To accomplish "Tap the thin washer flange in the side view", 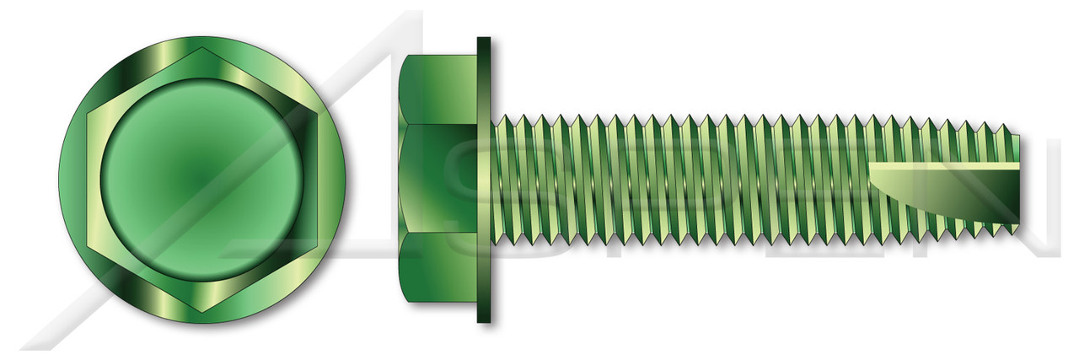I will tap(484, 180).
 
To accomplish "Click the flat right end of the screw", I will tap(1018, 180).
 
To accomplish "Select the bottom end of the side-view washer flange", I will tap(484, 320).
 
